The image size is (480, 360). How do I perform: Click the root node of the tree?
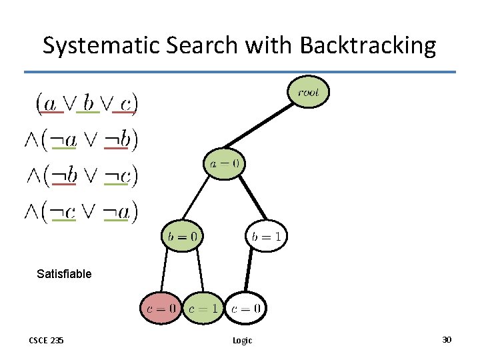pos(308,93)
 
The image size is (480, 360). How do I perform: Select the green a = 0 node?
pos(224,163)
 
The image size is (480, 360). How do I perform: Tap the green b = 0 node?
pos(181,236)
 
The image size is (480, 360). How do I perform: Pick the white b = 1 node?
pos(268,236)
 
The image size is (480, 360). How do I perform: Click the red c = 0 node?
pos(161,309)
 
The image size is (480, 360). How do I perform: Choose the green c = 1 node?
pos(203,309)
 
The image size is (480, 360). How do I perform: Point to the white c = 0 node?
pos(246,309)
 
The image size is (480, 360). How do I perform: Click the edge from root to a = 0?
pos(265,127)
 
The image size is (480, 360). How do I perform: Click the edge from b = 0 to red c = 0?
pos(163,271)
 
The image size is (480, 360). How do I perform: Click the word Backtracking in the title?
pos(368,45)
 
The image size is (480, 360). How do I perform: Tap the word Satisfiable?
pos(64,273)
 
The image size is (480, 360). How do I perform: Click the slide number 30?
pos(447,340)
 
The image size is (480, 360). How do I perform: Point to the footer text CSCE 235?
pos(47,341)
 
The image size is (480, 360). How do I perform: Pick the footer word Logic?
pos(242,341)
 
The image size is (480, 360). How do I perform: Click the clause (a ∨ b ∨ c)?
pos(87,103)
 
